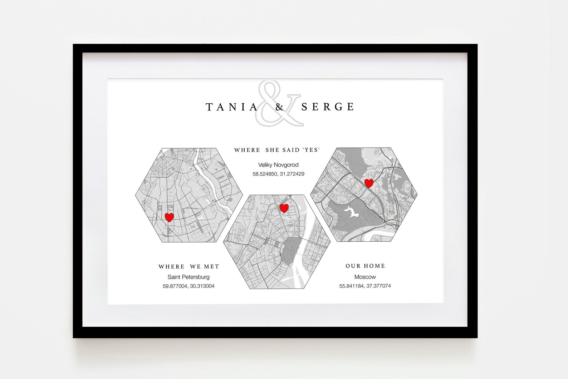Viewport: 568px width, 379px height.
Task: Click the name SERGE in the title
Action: tap(328, 107)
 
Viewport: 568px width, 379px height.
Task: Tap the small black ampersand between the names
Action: tap(279, 107)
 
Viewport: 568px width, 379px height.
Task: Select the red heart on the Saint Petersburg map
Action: tap(169, 217)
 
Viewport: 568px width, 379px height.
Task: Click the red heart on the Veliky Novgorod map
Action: tap(284, 208)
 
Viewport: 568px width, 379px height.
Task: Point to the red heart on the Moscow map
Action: tap(369, 183)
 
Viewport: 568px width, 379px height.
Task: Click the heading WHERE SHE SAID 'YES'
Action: tap(276, 150)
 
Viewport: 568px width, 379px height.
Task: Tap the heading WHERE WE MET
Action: tap(189, 267)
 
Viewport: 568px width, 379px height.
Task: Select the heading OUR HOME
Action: tap(365, 266)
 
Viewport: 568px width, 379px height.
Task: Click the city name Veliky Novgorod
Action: tap(278, 165)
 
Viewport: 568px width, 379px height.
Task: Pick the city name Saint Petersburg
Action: tap(188, 277)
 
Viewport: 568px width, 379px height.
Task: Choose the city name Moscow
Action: tap(365, 277)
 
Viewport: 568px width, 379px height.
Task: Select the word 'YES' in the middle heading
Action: tap(311, 150)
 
